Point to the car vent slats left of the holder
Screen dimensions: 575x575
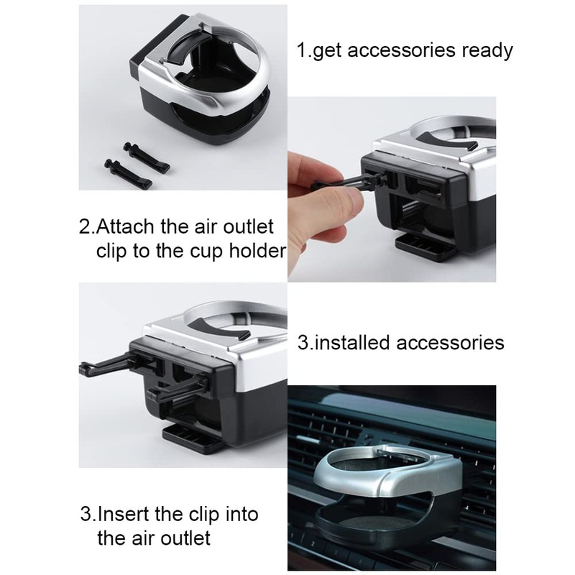click(x=309, y=446)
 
